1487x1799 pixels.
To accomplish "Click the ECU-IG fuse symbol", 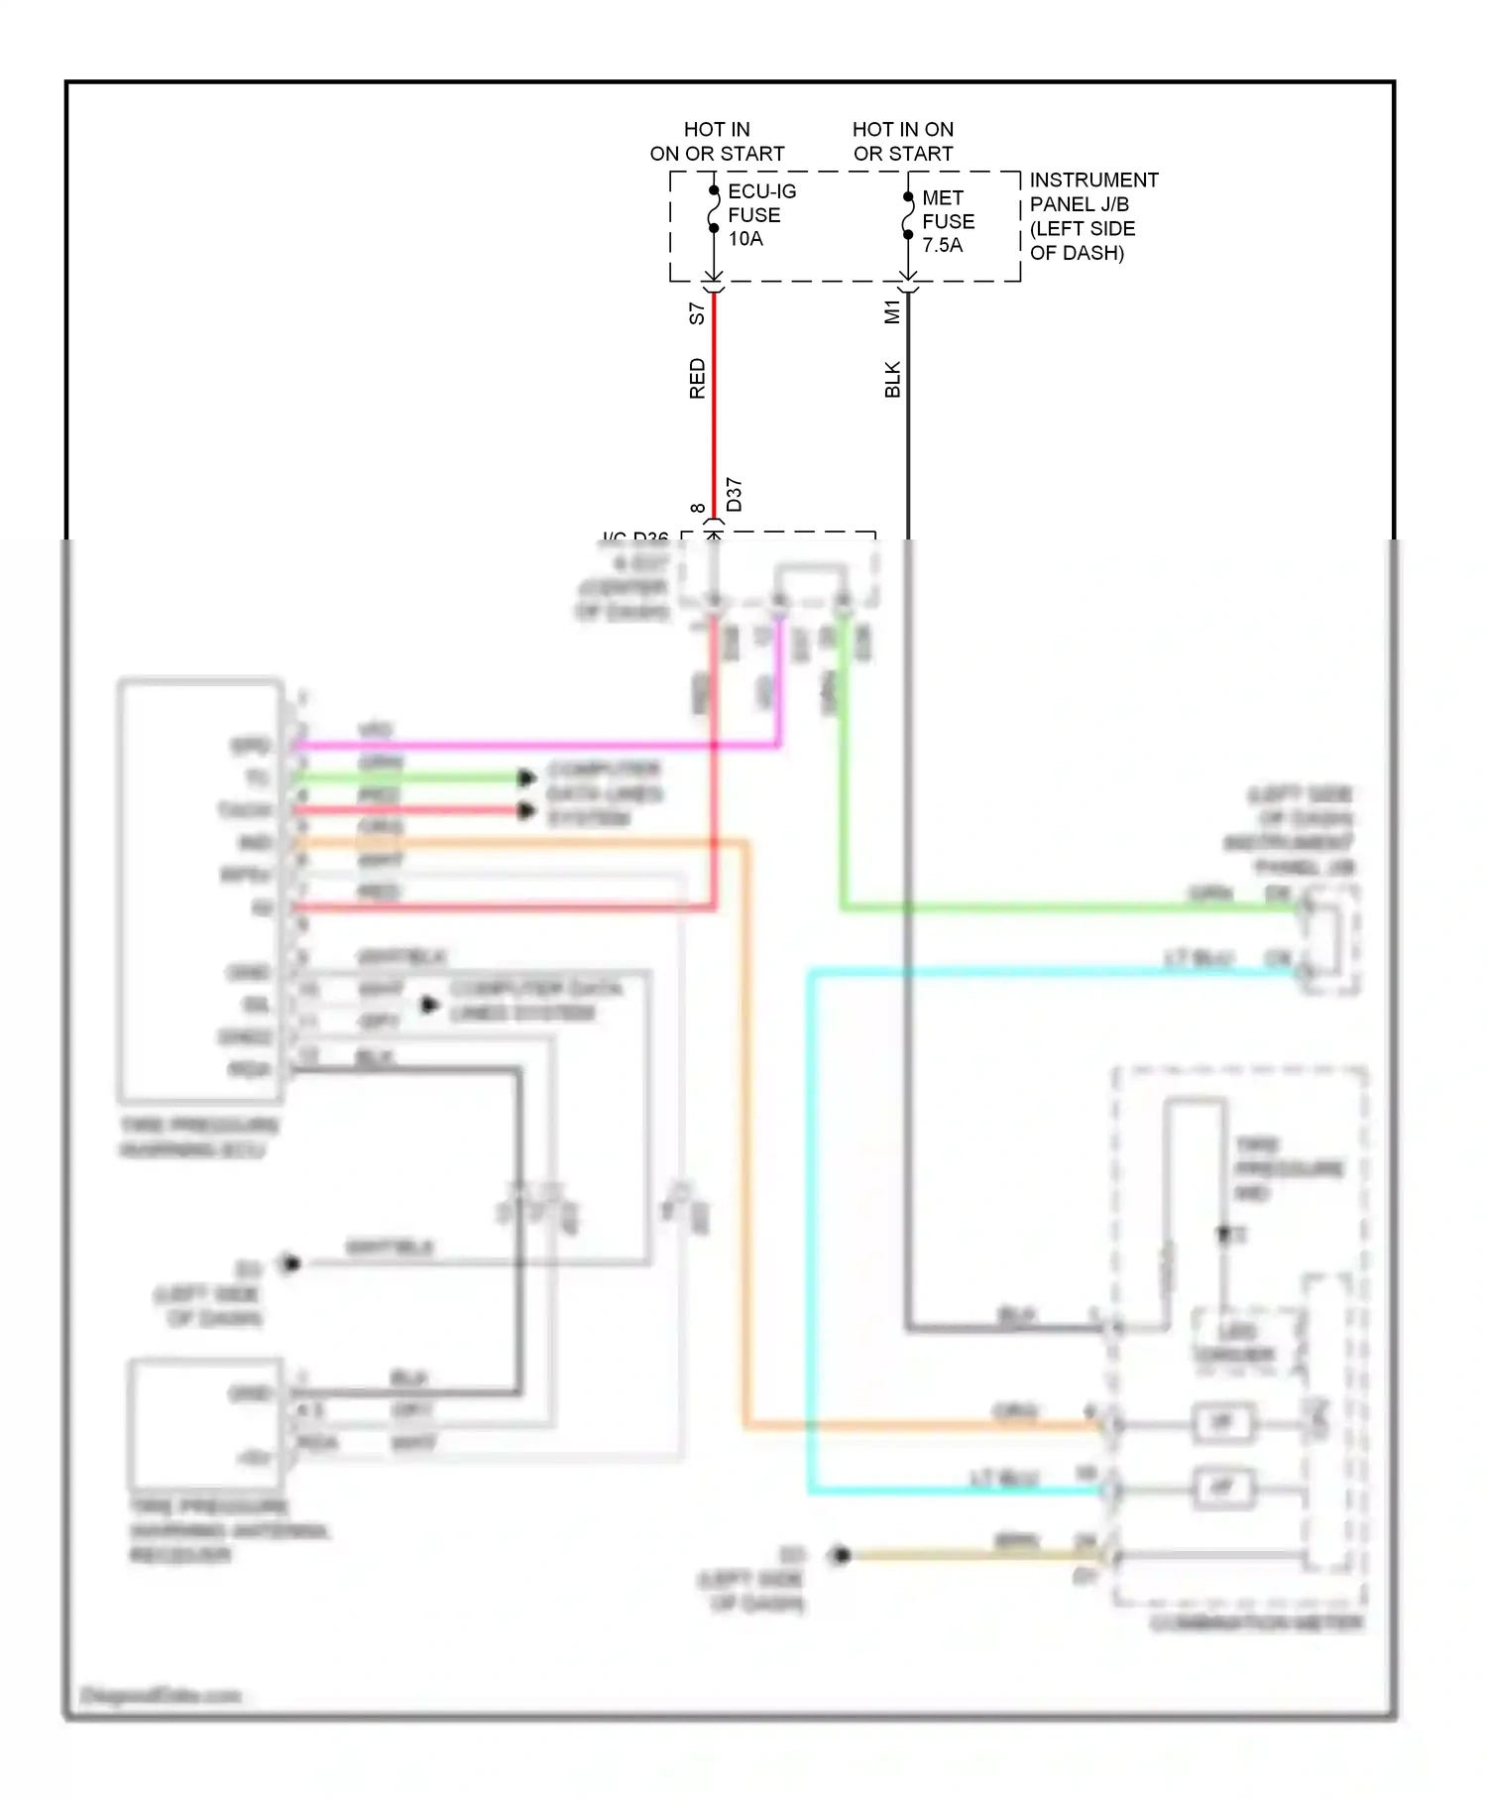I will point(713,209).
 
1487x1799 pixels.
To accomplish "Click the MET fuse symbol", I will point(907,216).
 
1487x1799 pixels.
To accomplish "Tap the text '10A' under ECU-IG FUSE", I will point(745,239).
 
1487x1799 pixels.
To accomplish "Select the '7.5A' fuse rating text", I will point(942,245).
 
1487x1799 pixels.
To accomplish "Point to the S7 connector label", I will point(697,313).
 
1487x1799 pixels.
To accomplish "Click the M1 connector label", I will point(892,311).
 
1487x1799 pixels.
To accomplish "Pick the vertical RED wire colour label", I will point(697,379).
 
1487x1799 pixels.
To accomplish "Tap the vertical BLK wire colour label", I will point(892,380).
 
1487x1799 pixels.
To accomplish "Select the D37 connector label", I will point(734,494).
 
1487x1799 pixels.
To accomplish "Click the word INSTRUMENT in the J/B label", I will point(1093,180).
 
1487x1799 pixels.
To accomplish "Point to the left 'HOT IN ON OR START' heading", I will point(717,142).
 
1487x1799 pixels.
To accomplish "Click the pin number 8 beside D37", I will point(698,509).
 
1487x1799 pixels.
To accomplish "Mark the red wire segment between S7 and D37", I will point(714,417).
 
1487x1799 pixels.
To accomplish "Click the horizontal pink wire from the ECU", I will point(535,745).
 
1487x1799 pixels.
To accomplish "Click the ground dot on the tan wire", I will point(841,1555).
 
